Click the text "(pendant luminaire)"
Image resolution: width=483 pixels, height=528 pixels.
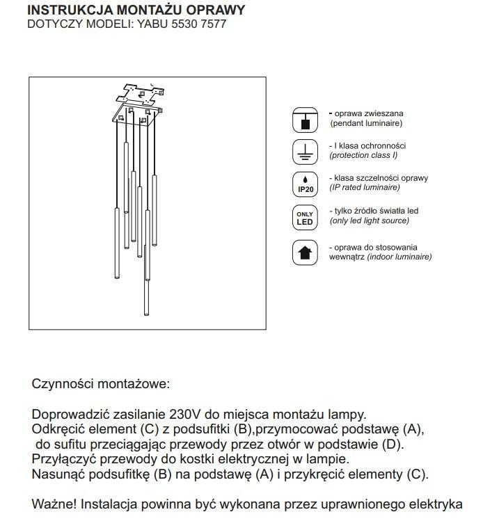(367, 122)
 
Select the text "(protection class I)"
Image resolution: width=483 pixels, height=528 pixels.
(366, 155)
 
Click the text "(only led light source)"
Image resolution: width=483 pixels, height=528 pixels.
(370, 221)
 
